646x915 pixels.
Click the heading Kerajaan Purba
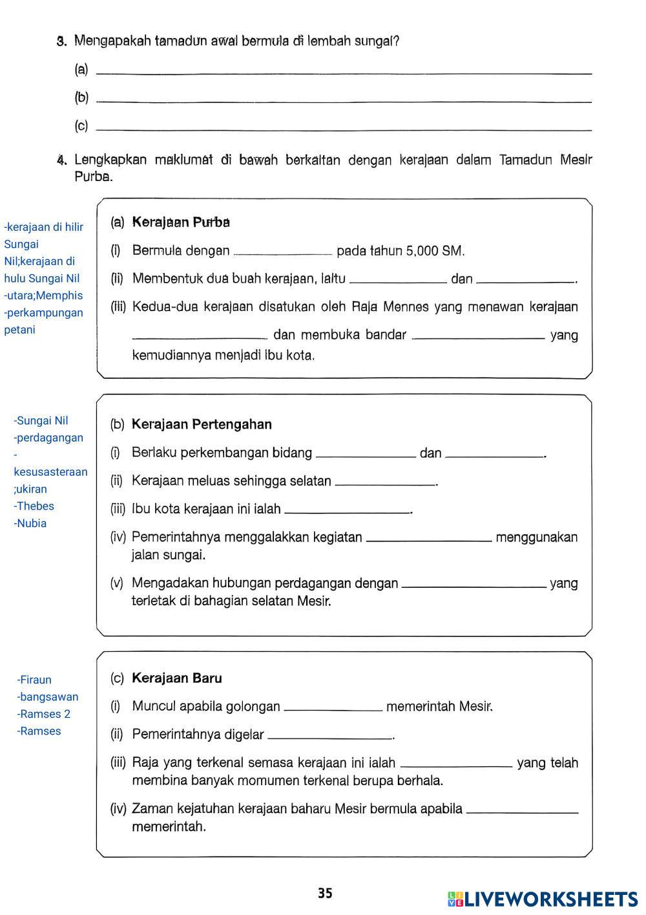point(181,222)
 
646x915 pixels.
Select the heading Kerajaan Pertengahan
point(202,425)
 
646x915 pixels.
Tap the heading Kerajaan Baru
point(176,678)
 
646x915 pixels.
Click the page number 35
point(325,893)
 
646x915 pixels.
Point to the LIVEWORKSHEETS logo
point(543,899)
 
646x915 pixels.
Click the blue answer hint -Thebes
point(35,506)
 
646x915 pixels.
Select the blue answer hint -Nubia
point(30,523)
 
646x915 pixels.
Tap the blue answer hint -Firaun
point(34,680)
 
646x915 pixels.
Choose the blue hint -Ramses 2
point(43,714)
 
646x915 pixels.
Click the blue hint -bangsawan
point(47,697)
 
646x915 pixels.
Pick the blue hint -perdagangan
point(48,438)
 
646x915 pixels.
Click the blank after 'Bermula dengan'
point(283,252)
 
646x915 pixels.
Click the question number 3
point(61,42)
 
